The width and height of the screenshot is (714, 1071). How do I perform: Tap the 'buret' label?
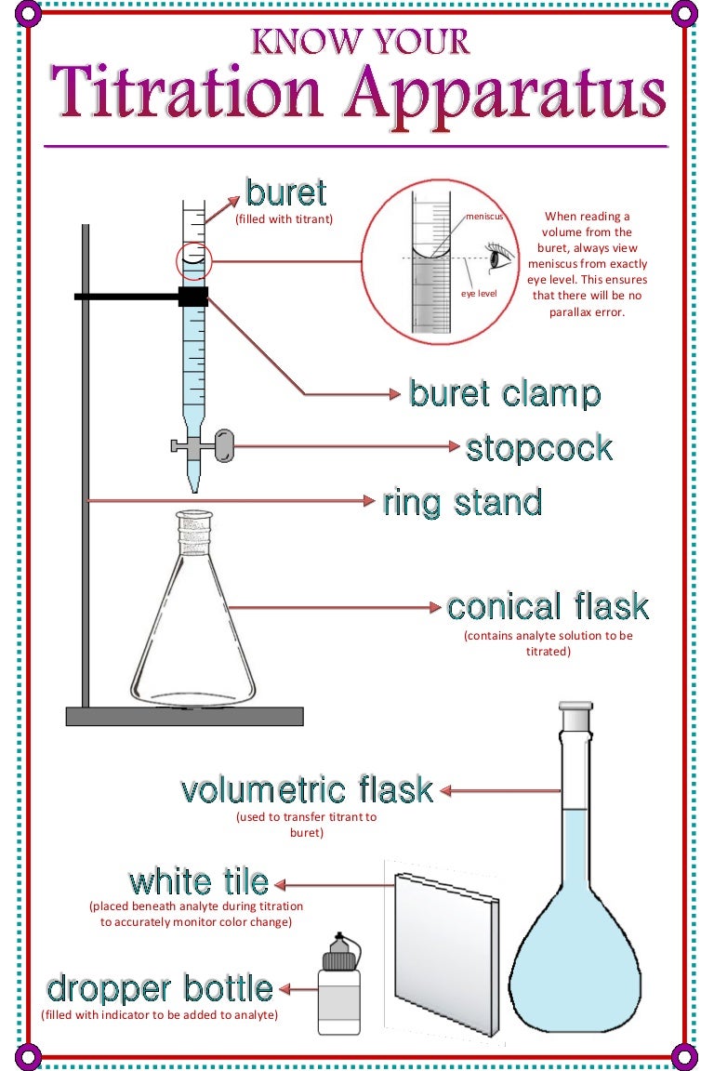tap(285, 193)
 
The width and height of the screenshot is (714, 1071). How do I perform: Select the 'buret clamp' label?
tap(505, 394)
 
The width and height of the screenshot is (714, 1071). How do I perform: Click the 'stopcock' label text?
tap(539, 448)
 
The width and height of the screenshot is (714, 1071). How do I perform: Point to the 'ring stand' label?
tap(462, 503)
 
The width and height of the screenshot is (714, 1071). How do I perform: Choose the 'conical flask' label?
tap(548, 607)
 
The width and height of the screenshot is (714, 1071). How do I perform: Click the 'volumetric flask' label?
tap(307, 790)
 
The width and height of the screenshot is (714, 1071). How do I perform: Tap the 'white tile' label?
tap(199, 881)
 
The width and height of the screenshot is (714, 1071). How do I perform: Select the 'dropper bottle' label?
tap(160, 988)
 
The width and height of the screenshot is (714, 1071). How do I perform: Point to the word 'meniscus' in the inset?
tap(484, 217)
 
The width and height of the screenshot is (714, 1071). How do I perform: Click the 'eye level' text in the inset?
tap(479, 294)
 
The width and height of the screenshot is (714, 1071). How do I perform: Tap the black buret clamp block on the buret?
tap(193, 297)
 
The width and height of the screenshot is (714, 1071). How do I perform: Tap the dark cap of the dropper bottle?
tap(337, 953)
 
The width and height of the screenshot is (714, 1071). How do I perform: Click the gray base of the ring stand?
tap(184, 716)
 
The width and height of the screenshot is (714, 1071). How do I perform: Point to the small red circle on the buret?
tap(193, 260)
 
